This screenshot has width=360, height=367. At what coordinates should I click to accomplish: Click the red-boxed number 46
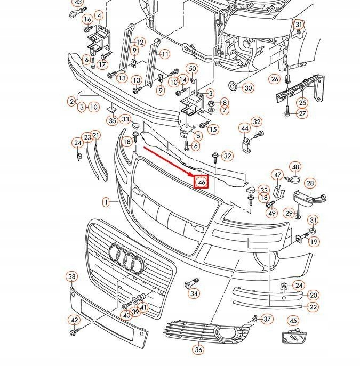tap(202, 183)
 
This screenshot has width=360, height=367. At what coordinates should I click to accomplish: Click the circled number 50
tap(193, 69)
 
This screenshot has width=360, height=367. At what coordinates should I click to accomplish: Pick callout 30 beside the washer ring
tap(249, 88)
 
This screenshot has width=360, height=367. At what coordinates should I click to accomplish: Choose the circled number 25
tap(302, 102)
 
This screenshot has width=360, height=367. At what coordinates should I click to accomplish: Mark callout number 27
tap(302, 113)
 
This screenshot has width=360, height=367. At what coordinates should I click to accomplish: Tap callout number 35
tap(112, 121)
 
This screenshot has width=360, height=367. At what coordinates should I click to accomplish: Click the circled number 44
tap(245, 128)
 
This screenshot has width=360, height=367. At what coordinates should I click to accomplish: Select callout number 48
tap(295, 167)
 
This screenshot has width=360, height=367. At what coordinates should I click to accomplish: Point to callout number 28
tap(310, 184)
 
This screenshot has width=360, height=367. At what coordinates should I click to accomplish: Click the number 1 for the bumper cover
tap(107, 202)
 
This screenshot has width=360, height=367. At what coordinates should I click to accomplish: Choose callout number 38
tap(72, 276)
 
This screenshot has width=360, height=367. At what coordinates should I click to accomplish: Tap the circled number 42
tap(75, 320)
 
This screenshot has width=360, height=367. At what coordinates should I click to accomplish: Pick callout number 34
tap(194, 293)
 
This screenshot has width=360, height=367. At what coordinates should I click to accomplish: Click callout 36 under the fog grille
tap(198, 350)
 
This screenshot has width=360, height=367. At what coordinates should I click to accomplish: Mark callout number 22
tap(314, 307)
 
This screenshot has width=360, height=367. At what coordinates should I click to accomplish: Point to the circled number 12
tap(140, 42)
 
